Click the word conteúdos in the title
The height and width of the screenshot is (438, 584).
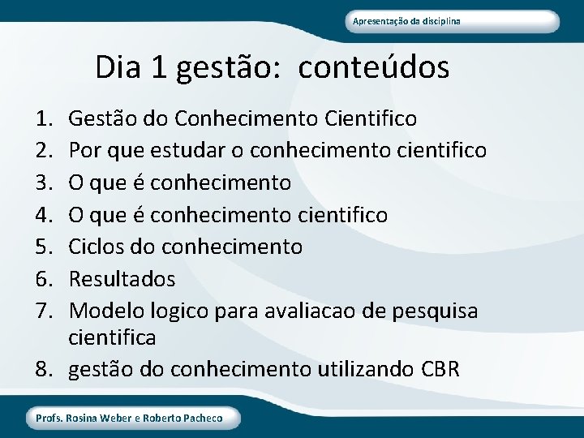point(373,67)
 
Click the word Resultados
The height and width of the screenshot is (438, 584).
point(122,279)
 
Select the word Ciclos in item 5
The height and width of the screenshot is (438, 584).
point(93,247)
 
